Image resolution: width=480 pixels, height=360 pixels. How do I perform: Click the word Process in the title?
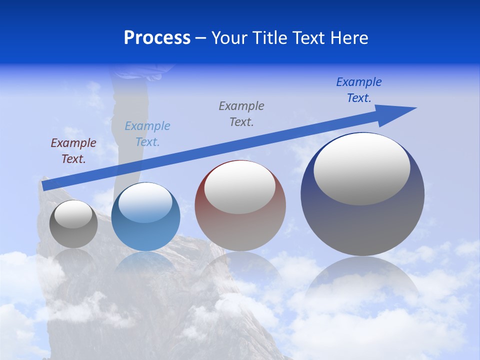pos(157,38)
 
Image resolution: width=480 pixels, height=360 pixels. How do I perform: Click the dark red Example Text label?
pos(73,151)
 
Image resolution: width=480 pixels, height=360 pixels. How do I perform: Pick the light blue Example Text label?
pos(147,134)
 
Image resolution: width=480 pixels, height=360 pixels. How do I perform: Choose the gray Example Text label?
pos(241,114)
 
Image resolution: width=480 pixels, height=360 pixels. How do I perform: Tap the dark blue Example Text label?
pos(359,90)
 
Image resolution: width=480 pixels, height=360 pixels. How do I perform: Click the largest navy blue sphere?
pos(362,220)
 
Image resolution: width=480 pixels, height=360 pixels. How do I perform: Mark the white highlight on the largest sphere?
pos(362,168)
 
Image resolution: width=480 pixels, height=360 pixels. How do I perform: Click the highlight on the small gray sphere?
pos(73,214)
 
